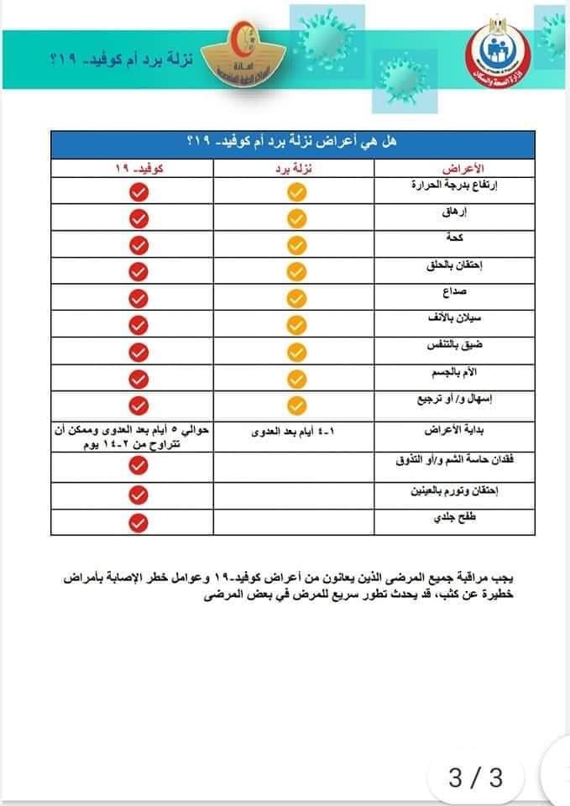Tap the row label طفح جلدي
click(x=465, y=520)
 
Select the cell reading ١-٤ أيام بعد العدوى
click(x=296, y=432)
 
